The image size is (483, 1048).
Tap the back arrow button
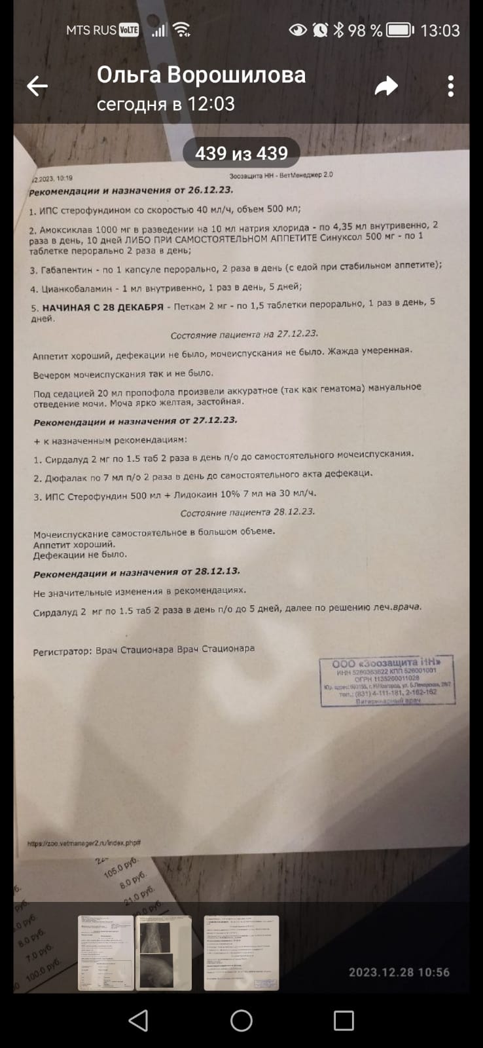tap(37, 86)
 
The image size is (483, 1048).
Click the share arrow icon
tap(386, 86)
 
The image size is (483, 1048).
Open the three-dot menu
tap(450, 86)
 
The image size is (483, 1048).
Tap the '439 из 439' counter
tap(241, 153)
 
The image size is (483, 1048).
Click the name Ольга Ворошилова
tap(201, 75)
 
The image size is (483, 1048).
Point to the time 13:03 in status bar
tap(440, 30)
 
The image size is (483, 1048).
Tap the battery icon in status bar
tap(399, 30)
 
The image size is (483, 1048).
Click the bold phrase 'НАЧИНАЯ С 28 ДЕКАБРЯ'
tap(103, 307)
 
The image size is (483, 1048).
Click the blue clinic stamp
tap(387, 681)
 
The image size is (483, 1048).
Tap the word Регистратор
tap(63, 652)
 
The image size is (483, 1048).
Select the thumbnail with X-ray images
tap(163, 953)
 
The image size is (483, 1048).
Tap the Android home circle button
tap(241, 1020)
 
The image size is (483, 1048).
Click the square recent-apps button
tap(344, 1020)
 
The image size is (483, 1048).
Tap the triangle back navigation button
tap(138, 1020)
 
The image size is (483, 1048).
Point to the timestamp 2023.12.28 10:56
tap(399, 973)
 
